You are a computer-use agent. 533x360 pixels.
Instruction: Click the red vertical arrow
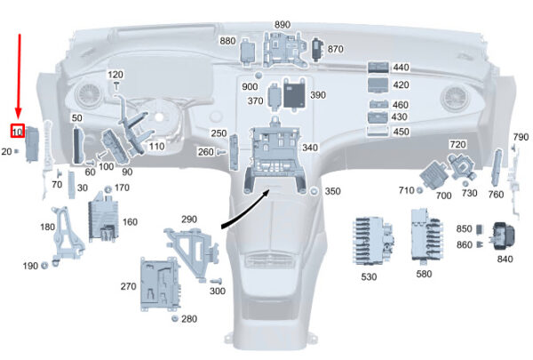(x=20, y=76)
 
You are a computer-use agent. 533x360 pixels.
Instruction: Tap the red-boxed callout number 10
(x=18, y=132)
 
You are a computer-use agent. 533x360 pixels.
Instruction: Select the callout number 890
(x=282, y=24)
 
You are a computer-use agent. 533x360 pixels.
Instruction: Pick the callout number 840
(x=505, y=260)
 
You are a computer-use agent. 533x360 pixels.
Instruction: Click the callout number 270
(x=129, y=287)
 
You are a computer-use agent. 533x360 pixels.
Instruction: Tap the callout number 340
(x=310, y=148)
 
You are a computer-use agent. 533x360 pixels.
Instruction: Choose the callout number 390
(x=317, y=95)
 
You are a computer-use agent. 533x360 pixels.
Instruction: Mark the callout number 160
(x=130, y=222)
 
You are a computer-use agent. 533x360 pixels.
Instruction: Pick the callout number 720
(x=457, y=144)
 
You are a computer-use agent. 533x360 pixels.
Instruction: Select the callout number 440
(x=401, y=68)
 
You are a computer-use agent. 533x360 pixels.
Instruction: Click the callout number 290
(x=188, y=220)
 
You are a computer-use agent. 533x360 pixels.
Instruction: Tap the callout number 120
(x=116, y=74)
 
